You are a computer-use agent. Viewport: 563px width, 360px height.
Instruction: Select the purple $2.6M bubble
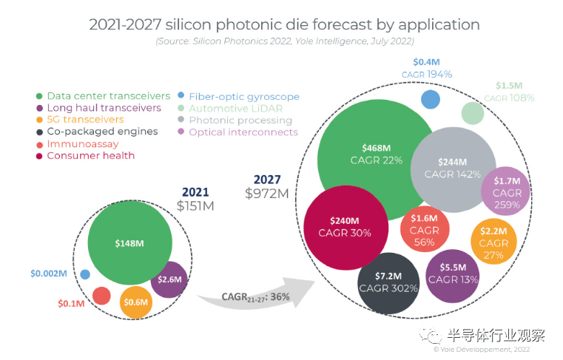tap(169, 279)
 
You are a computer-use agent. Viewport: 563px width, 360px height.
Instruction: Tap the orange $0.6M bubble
tap(135, 302)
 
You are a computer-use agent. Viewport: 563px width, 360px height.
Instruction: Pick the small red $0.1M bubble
tap(101, 296)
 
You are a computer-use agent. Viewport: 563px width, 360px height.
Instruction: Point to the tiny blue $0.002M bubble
tap(85, 274)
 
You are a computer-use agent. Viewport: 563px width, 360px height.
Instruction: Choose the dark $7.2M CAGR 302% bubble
tap(389, 282)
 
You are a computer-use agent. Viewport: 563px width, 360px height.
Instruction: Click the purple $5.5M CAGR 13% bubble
tap(453, 274)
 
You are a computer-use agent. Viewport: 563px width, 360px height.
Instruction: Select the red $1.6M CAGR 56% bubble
tap(425, 230)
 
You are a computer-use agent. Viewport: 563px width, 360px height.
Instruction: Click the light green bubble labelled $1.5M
tap(473, 113)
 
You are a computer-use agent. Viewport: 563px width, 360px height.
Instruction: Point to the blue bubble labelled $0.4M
tap(431, 99)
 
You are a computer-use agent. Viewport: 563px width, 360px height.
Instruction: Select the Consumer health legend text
tap(90, 156)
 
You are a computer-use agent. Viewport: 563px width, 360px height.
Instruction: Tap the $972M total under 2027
tap(267, 194)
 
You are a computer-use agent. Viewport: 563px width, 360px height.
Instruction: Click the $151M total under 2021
tap(196, 206)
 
